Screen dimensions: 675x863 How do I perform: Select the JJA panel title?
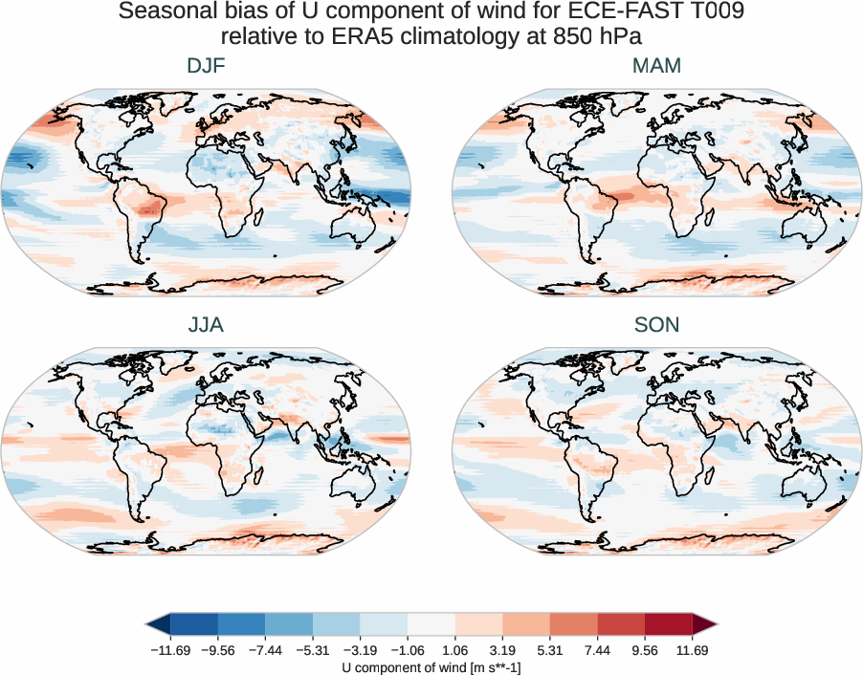tap(206, 325)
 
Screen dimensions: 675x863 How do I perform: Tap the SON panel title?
tap(656, 325)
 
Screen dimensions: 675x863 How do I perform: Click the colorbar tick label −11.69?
tap(169, 648)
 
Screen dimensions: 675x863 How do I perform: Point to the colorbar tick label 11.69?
tap(692, 648)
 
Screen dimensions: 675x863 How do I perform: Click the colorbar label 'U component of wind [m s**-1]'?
tap(431, 665)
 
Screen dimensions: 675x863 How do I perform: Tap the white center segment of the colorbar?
tap(431, 623)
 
